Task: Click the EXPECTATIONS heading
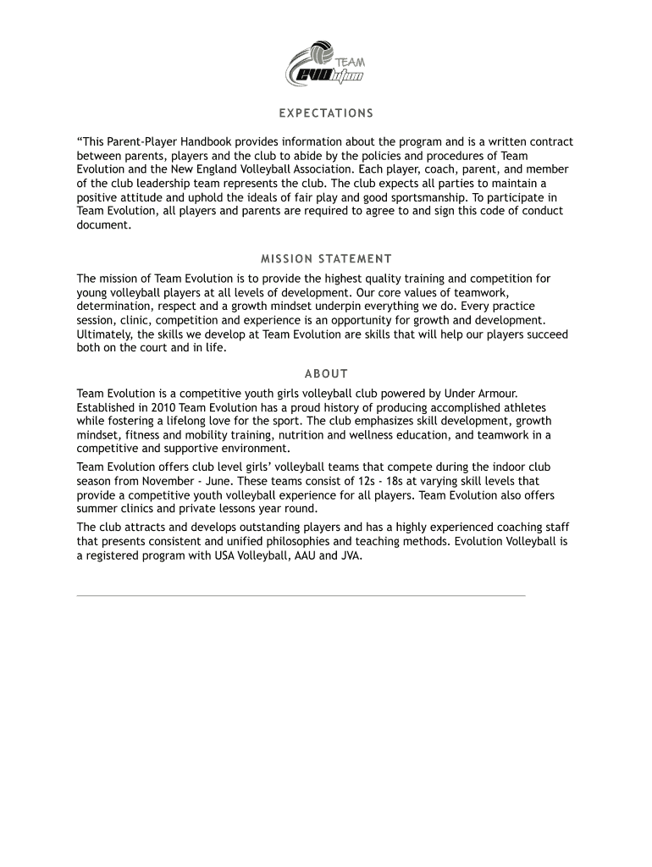pyautogui.click(x=326, y=113)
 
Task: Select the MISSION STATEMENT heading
pyautogui.click(x=326, y=259)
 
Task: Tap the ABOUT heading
pyautogui.click(x=326, y=373)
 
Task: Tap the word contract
pyautogui.click(x=550, y=141)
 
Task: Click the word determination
pyautogui.click(x=113, y=306)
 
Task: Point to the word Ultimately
pyautogui.click(x=104, y=334)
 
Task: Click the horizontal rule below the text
pyautogui.click(x=301, y=595)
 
